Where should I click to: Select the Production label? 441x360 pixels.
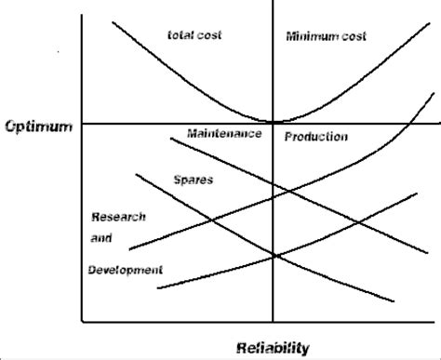(x=317, y=137)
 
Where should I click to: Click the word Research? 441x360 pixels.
(x=118, y=217)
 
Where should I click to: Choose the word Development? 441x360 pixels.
(x=126, y=270)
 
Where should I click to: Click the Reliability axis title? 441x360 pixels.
(x=273, y=347)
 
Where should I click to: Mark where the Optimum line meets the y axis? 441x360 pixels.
(x=83, y=123)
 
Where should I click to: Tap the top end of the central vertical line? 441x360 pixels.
(x=274, y=2)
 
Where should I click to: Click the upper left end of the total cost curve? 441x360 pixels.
(x=113, y=20)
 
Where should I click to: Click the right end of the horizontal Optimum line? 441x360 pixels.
(x=439, y=123)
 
